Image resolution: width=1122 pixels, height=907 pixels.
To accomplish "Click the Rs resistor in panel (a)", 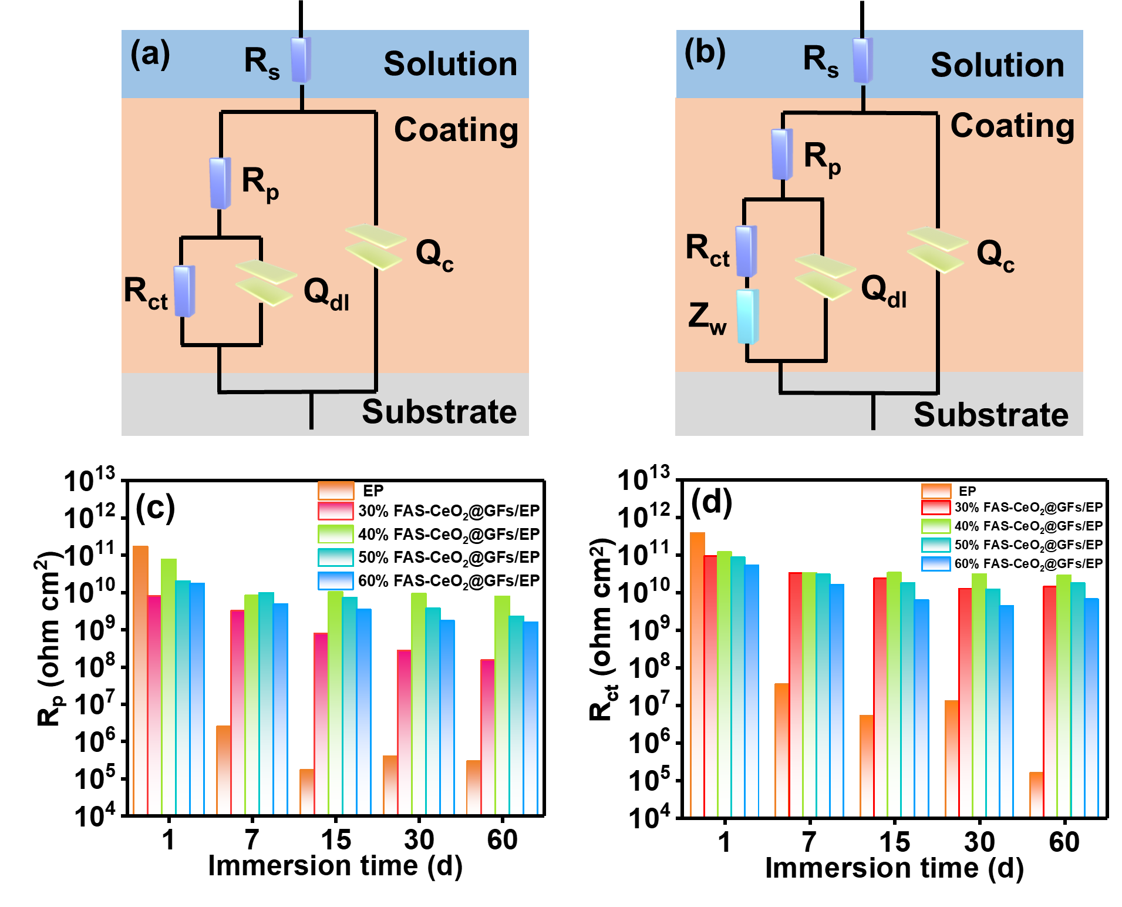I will [301, 60].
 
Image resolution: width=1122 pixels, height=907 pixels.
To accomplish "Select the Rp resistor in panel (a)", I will [220, 183].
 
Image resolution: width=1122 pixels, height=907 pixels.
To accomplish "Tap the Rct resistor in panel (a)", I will [184, 291].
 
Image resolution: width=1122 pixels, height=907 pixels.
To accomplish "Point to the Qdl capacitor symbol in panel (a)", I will [265, 283].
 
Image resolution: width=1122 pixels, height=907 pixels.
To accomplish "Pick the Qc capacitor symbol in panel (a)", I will [375, 247].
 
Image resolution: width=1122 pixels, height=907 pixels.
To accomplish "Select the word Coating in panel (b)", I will [1012, 126].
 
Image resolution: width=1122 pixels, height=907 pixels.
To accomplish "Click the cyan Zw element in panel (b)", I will [747, 316].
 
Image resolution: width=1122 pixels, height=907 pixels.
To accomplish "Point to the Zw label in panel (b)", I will [707, 318].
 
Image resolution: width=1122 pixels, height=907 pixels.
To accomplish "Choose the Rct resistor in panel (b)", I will [746, 251].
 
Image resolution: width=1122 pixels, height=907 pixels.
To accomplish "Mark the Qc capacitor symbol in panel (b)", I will [937, 250].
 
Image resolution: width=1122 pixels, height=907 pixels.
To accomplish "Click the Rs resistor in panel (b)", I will [862, 60].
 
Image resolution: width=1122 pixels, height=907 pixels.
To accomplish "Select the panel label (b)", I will [705, 53].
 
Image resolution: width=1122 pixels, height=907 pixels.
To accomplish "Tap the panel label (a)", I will [150, 54].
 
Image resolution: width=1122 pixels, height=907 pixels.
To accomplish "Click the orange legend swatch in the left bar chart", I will [336, 491].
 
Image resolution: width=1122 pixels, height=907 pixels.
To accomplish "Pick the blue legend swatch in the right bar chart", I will [936, 564].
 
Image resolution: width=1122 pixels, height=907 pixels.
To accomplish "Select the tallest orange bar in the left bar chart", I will [140, 678].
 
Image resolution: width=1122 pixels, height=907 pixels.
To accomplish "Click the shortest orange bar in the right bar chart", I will [1036, 794].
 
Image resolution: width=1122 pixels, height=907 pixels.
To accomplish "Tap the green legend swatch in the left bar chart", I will [336, 534].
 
